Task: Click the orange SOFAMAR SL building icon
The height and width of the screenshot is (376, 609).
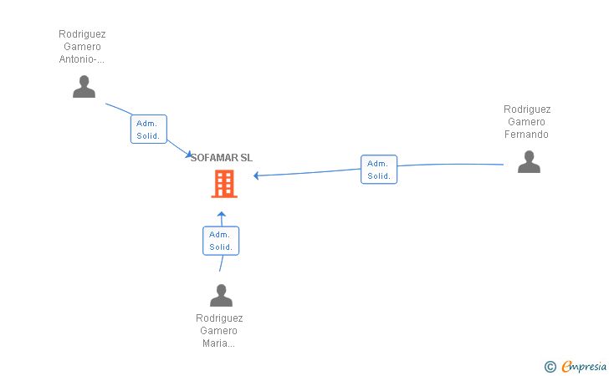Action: pyautogui.click(x=223, y=184)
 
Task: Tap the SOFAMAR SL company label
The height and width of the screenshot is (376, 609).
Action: pyautogui.click(x=222, y=158)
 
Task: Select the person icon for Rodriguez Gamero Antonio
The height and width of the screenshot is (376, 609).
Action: pyautogui.click(x=84, y=87)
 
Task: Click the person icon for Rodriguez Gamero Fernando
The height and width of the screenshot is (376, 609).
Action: pyautogui.click(x=529, y=162)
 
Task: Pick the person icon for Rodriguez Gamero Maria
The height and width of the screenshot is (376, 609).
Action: pyautogui.click(x=221, y=296)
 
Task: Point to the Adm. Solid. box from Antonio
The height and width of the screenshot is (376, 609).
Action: pyautogui.click(x=148, y=130)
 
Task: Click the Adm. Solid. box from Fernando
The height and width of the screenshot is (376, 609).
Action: pyautogui.click(x=379, y=170)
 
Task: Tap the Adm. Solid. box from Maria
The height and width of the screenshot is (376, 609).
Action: pyautogui.click(x=221, y=241)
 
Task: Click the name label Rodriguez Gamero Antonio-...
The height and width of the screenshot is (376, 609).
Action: pyautogui.click(x=82, y=47)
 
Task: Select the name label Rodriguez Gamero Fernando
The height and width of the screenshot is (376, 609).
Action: pyautogui.click(x=527, y=122)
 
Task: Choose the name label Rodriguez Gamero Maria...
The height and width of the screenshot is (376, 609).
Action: pyautogui.click(x=219, y=331)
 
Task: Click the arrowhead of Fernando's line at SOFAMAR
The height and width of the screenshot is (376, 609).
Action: pyautogui.click(x=257, y=175)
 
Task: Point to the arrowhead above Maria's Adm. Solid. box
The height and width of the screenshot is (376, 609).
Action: pyautogui.click(x=222, y=216)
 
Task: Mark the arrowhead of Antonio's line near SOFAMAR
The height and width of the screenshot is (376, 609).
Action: pyautogui.click(x=188, y=154)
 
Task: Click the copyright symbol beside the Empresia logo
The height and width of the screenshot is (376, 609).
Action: pyautogui.click(x=550, y=366)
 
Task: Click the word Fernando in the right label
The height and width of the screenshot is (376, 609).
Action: pyautogui.click(x=527, y=135)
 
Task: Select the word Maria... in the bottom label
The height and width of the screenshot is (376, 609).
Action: pyautogui.click(x=219, y=343)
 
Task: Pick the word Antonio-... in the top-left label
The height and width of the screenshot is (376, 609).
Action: pyautogui.click(x=82, y=59)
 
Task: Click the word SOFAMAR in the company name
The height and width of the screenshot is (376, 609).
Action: pyautogui.click(x=214, y=158)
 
